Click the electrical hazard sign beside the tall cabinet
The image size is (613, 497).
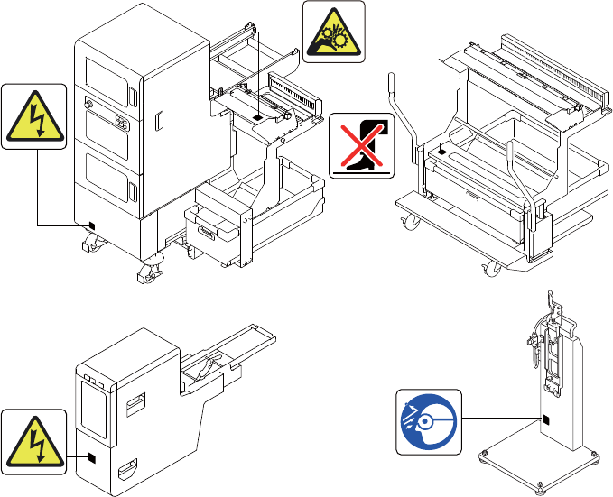pyautogui.click(x=34, y=116)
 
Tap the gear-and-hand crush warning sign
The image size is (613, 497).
pyautogui.click(x=334, y=32)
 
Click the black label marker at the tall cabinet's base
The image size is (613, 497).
pyautogui.click(x=88, y=225)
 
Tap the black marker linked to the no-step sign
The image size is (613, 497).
pyautogui.click(x=441, y=155)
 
